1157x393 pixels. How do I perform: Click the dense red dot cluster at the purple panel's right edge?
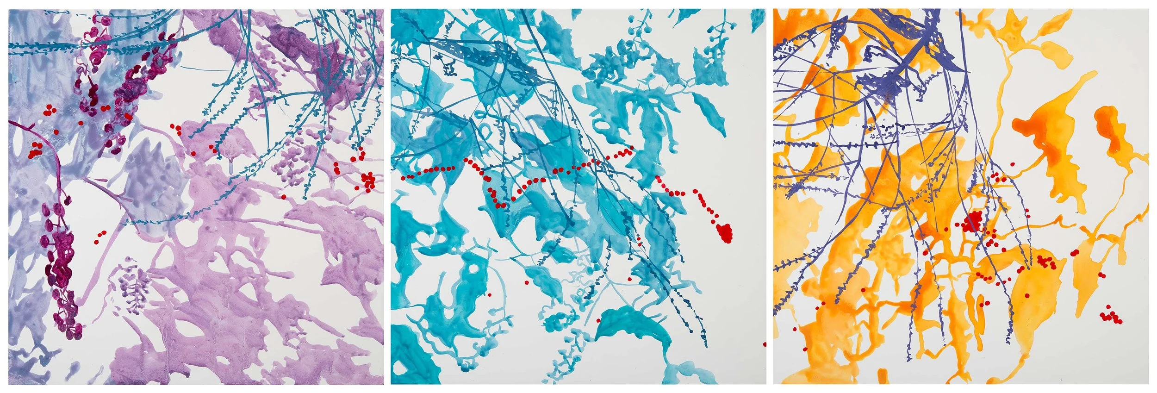(368, 181)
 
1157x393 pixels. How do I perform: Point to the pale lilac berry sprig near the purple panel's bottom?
(132, 282)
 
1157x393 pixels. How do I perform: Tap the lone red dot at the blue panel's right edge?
(764, 344)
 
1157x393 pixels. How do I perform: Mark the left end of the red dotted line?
(403, 177)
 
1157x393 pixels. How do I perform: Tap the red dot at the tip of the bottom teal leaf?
(598, 320)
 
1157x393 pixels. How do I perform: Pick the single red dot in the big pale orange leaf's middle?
(1027, 295)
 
